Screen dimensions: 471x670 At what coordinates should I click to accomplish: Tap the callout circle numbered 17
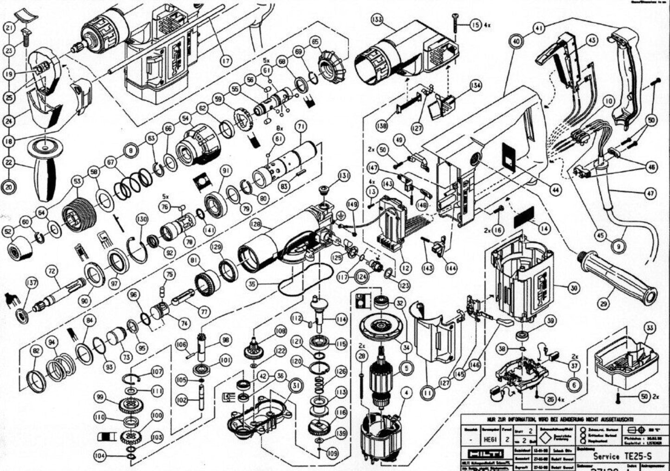click(225, 60)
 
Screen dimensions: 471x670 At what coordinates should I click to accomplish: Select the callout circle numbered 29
click(603, 304)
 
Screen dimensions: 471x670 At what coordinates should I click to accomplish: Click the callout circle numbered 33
click(650, 329)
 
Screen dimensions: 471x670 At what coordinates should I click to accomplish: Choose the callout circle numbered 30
click(574, 288)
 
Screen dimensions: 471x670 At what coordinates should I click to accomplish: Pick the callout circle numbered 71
click(301, 126)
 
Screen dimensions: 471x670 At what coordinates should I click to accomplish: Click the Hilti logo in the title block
click(482, 453)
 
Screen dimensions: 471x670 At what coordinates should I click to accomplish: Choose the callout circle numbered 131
click(344, 175)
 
